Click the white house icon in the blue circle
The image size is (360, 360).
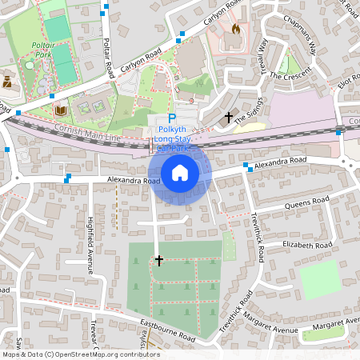point(180,172)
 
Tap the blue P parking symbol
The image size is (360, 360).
point(171,118)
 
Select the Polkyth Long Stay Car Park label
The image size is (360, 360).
point(175,138)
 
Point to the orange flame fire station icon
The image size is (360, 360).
point(235,29)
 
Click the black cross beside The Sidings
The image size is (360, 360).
point(229,118)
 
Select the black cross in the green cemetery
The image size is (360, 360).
point(158,261)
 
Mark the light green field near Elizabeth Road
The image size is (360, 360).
point(319,280)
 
